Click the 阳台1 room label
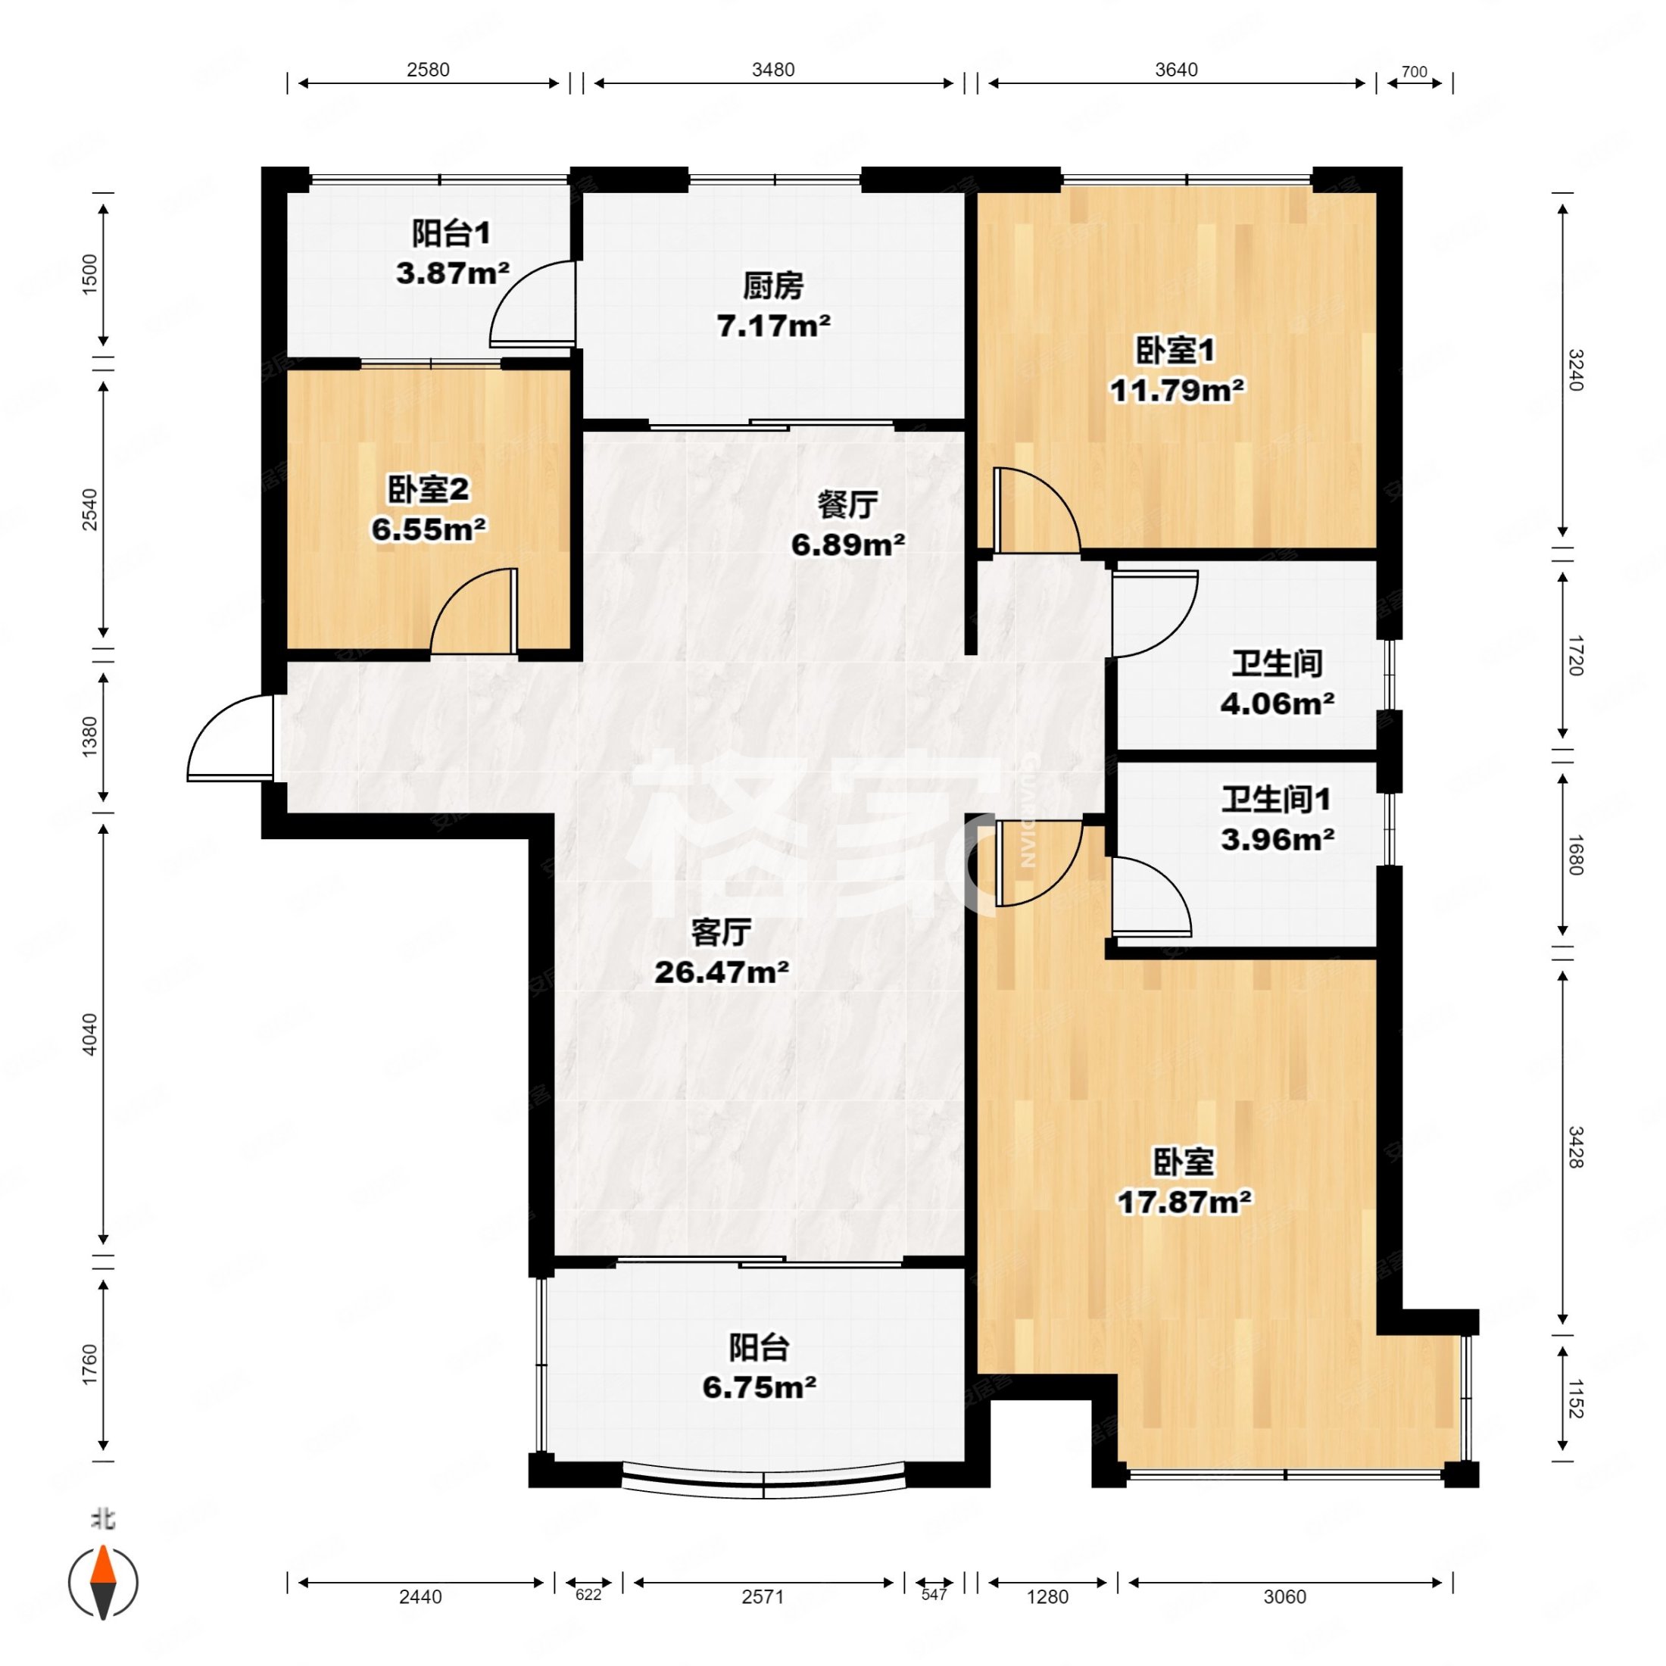(x=451, y=232)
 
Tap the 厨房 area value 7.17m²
(x=773, y=326)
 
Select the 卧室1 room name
(x=1175, y=350)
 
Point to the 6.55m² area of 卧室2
(x=429, y=529)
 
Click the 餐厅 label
(x=847, y=504)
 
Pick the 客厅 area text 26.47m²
(x=722, y=972)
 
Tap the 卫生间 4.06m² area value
(x=1277, y=704)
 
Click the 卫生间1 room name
(x=1275, y=800)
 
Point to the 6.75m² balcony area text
(x=759, y=1387)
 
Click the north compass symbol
(x=104, y=1583)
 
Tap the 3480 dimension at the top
(x=772, y=70)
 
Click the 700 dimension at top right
(x=1414, y=73)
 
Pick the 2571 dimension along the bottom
(x=763, y=1597)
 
